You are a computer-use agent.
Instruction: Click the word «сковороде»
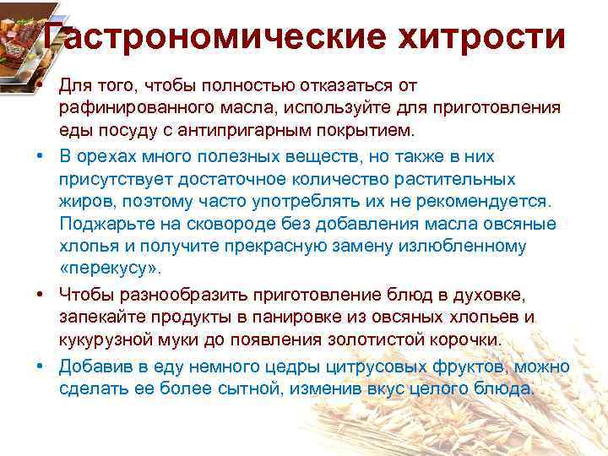coord(225,224)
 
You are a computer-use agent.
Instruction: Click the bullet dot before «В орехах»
coord(40,156)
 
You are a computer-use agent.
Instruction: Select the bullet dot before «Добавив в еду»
coord(40,366)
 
